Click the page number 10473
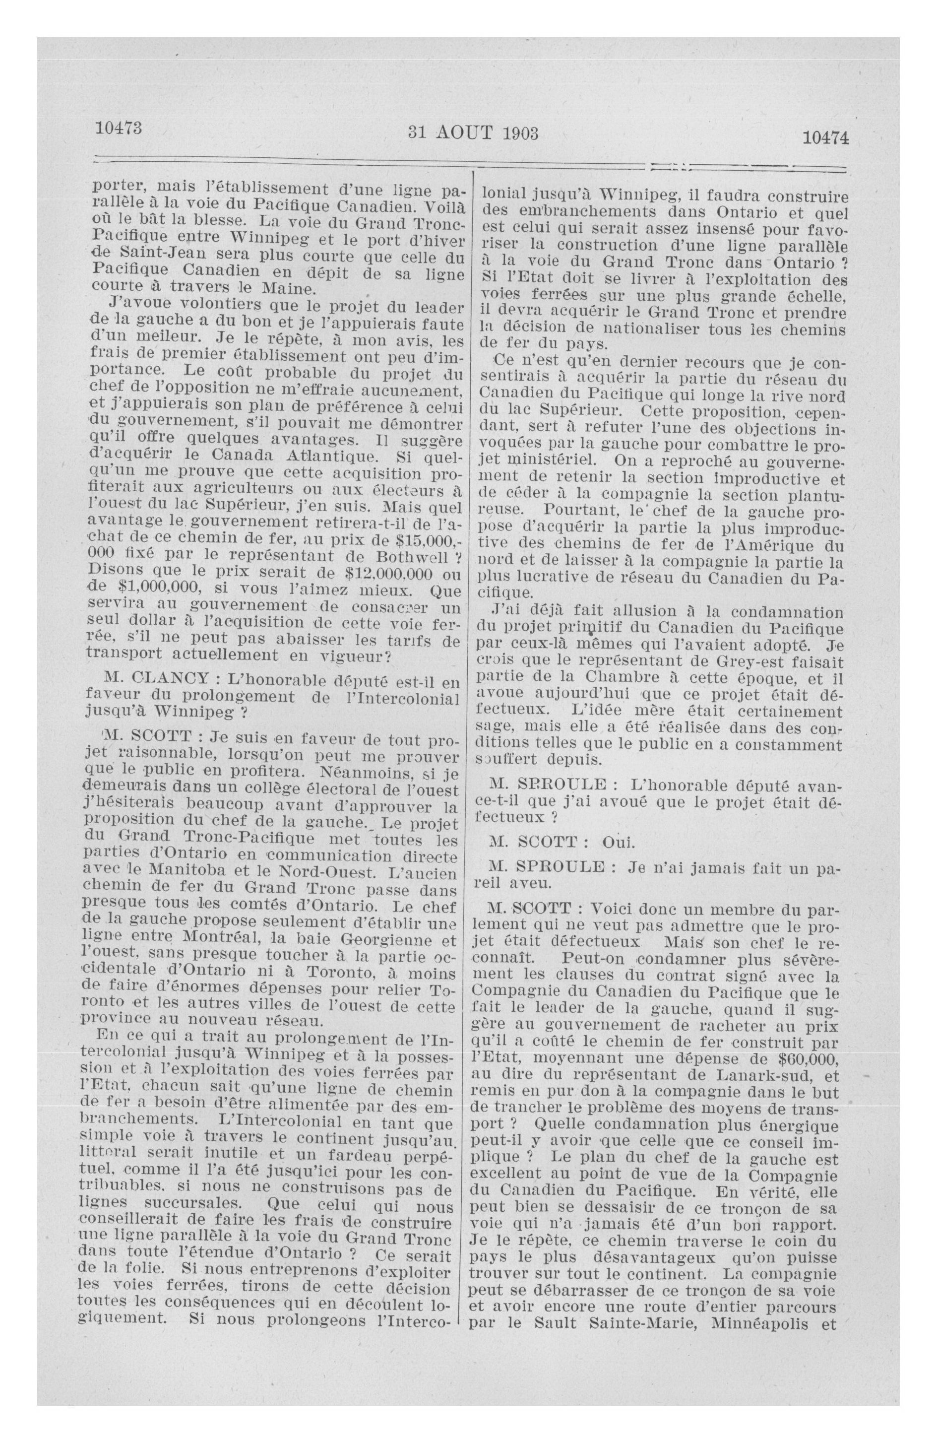click(119, 129)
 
